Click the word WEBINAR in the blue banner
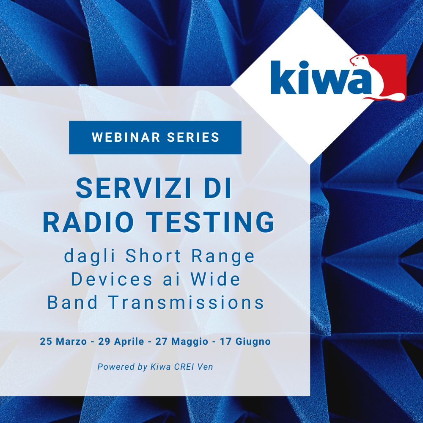[x=125, y=137]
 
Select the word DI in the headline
[x=219, y=189]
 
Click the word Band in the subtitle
[x=73, y=302]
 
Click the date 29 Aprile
[x=121, y=341]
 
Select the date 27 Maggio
[x=181, y=341]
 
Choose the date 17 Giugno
[x=245, y=341]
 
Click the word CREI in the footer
[x=184, y=367]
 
